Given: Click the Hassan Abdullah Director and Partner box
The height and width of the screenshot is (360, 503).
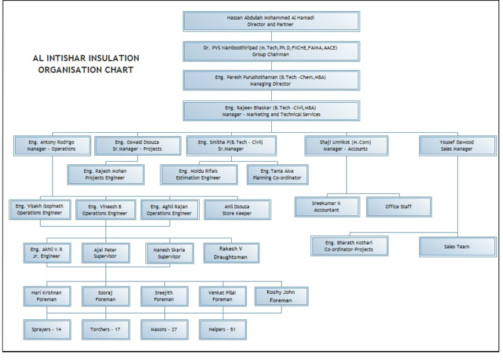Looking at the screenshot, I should point(270,21).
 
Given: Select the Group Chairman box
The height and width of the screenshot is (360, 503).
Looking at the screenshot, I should point(270,51).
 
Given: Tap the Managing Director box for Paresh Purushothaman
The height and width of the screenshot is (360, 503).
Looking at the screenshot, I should point(270,81).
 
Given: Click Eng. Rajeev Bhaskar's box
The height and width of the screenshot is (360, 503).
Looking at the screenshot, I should point(270,111).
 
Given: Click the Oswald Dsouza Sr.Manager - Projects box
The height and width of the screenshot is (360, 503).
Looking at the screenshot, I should point(138,145).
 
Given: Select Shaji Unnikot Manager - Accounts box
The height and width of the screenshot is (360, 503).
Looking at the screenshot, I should point(345,145).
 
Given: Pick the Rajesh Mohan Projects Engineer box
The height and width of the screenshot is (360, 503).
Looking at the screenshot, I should point(105,175).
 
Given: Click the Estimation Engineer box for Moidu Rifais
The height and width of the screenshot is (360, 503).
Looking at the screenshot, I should point(199,175).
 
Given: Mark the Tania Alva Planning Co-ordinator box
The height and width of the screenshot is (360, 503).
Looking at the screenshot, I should point(278,175).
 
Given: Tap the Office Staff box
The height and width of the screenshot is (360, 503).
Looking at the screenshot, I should point(399,207).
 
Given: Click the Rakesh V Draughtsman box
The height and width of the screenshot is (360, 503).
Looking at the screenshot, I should point(231,253).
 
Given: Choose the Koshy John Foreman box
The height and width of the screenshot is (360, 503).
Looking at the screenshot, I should point(281,296).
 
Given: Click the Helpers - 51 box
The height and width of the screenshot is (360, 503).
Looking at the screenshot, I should point(223,329).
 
